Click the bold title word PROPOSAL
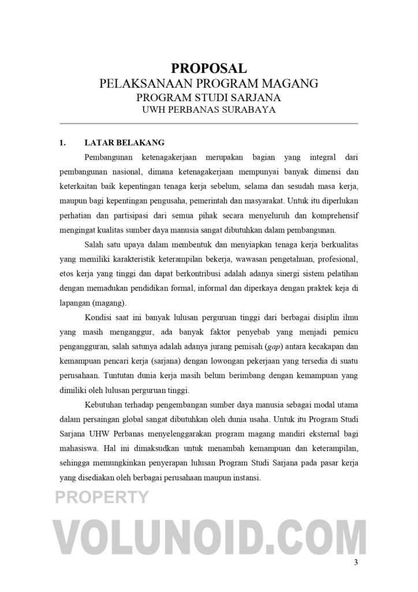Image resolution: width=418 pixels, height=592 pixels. [x=208, y=69]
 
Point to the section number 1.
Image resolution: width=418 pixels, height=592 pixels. [x=63, y=142]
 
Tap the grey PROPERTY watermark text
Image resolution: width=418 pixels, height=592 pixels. [x=102, y=497]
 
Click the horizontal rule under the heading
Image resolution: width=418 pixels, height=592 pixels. [x=208, y=124]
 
